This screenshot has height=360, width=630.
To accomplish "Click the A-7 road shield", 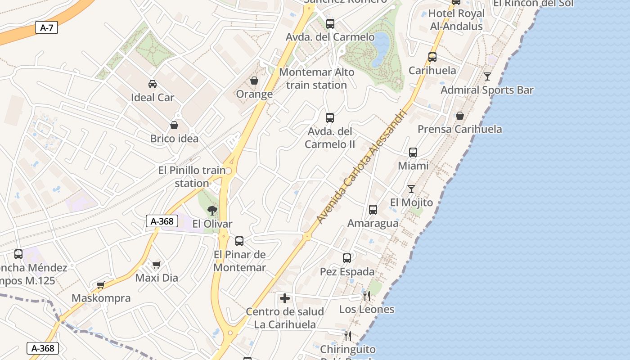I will tap(46, 28).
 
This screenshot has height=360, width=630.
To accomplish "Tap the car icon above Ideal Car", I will tap(153, 84).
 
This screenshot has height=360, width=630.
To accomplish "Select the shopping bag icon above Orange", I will tap(254, 81).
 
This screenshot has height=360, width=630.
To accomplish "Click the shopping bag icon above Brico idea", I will tap(174, 125).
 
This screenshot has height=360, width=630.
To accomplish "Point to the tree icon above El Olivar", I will tap(212, 210).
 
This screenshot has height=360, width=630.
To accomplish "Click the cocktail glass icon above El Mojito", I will tap(411, 189).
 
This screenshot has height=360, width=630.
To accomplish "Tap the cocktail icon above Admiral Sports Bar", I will tap(487, 76).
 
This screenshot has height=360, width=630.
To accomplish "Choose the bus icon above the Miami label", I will tap(413, 153).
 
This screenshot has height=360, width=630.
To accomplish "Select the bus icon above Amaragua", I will tap(373, 210).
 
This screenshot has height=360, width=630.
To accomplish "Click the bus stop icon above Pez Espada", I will tap(347, 258).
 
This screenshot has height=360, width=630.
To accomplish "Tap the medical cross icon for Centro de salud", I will tap(285, 298).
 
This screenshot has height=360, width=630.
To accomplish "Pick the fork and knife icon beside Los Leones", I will tap(367, 296).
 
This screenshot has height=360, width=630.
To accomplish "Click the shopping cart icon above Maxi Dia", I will tap(156, 265).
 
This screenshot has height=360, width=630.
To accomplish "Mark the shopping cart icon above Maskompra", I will tap(101, 285).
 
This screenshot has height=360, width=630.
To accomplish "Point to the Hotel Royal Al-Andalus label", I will tap(456, 20).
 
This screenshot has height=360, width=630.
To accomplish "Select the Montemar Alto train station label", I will tap(317, 78).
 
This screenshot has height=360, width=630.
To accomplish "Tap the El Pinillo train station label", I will tap(192, 177).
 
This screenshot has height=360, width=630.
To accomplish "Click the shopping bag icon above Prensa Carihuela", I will tap(460, 116).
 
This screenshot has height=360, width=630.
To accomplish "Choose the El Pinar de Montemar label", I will tap(239, 261).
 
